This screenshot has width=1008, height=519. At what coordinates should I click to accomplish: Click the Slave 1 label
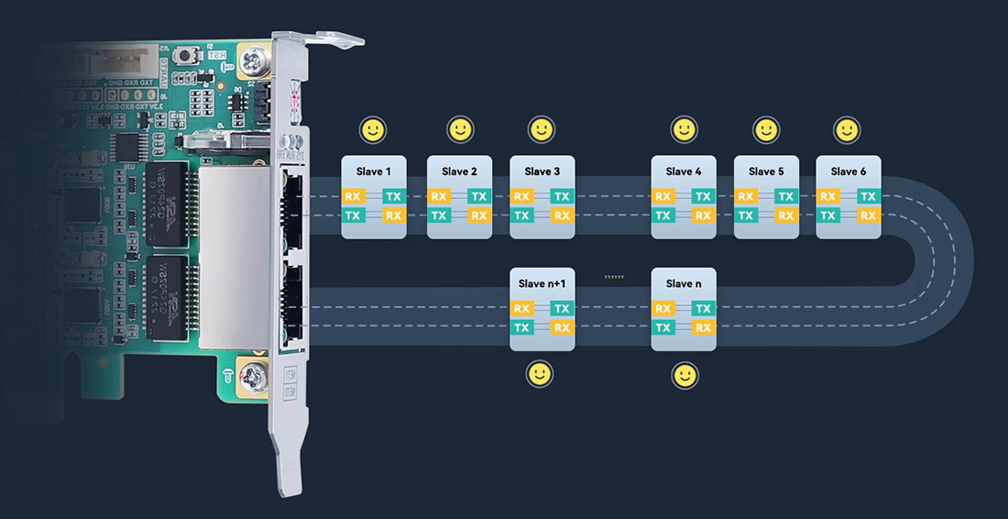[373, 171]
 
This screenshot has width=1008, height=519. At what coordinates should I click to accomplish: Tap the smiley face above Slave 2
[460, 129]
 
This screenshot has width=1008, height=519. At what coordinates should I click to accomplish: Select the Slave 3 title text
[542, 171]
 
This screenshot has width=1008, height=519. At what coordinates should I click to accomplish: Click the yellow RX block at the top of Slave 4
[663, 196]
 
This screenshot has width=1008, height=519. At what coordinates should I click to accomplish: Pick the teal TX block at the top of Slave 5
[785, 196]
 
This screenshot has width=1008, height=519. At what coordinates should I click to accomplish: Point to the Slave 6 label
[849, 171]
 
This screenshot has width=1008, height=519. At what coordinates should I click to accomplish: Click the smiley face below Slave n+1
[541, 373]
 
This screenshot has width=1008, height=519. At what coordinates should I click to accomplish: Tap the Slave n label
[684, 283]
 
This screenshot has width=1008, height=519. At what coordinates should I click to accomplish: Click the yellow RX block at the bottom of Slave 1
[393, 215]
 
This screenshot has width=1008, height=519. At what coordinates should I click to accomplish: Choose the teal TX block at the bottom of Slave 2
[439, 215]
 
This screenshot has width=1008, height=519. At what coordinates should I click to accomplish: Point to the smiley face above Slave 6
[847, 129]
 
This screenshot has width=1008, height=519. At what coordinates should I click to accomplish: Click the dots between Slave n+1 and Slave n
[613, 275]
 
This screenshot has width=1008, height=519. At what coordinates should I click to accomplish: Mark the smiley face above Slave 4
[684, 129]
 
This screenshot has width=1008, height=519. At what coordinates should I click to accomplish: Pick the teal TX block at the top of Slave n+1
[562, 309]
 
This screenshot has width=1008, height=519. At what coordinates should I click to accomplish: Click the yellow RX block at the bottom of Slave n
[703, 327]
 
